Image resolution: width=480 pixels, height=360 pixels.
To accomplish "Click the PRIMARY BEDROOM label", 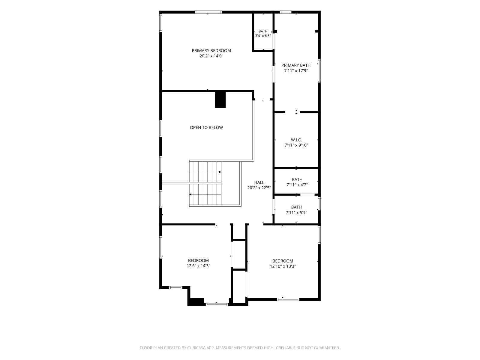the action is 211,51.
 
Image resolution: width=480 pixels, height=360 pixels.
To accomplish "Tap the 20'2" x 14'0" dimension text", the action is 211,56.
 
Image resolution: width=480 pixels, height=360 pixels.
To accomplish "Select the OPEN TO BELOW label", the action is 206,128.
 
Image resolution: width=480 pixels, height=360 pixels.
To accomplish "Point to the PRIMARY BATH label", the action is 296,65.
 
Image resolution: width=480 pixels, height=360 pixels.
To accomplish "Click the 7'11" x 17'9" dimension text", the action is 296,71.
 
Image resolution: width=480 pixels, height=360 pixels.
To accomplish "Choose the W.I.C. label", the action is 296,140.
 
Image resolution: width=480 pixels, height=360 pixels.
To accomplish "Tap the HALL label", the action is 259,182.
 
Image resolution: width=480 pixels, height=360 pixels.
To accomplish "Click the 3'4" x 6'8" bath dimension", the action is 263,36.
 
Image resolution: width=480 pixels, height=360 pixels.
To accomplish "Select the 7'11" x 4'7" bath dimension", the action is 297,185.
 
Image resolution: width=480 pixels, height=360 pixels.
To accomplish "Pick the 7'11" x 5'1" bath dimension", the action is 296,213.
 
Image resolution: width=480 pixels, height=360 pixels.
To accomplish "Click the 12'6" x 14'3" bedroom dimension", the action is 198,266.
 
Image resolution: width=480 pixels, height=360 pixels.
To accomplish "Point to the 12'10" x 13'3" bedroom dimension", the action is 283,266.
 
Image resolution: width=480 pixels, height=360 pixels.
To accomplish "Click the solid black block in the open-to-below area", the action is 220,100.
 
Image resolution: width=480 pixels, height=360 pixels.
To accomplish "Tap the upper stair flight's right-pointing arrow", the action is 220,172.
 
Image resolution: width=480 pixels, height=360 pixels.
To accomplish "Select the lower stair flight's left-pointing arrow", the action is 190,194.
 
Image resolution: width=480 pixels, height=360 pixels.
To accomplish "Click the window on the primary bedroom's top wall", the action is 208,12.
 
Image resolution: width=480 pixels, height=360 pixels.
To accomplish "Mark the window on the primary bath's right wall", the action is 319,71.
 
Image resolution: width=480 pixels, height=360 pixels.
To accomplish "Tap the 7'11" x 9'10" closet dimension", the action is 296,145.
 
